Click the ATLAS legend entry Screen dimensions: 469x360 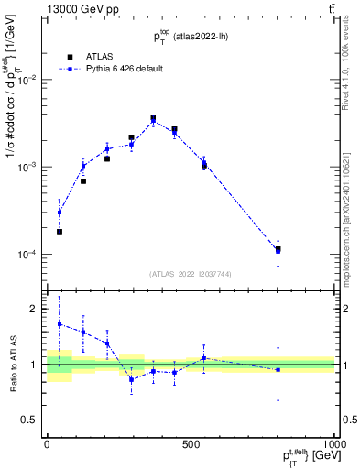[98, 55]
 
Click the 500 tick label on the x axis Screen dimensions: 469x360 [191, 442]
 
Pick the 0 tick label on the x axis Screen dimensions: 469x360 [46, 442]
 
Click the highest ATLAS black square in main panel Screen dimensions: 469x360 [153, 117]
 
